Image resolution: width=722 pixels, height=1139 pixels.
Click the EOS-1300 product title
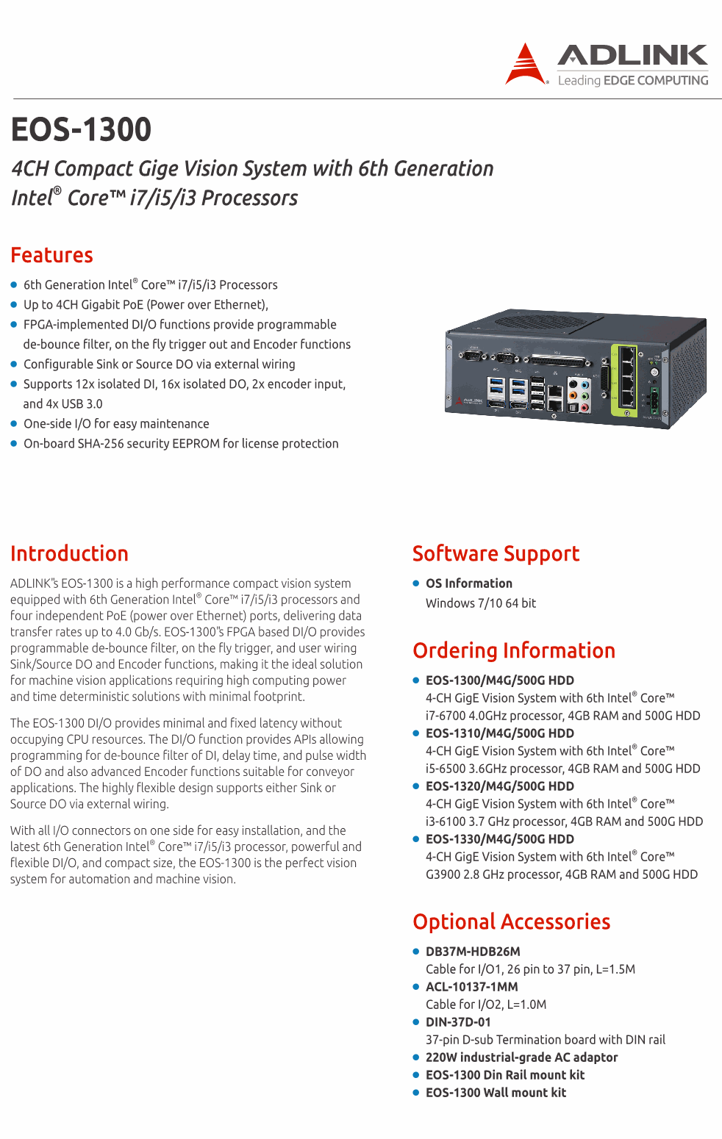pyautogui.click(x=82, y=129)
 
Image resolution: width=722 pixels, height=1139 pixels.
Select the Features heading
pyautogui.click(x=52, y=255)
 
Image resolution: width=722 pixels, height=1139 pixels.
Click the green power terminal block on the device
pyautogui.click(x=652, y=401)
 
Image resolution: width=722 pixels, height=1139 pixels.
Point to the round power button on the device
pyautogui.click(x=655, y=373)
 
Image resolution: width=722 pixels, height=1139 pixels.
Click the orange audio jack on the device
pyautogui.click(x=573, y=395)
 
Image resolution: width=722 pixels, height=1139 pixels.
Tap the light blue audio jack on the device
pyautogui.click(x=585, y=384)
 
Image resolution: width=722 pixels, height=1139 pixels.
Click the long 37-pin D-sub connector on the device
pyautogui.click(x=560, y=361)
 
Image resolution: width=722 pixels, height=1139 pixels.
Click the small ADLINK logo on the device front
pyautogui.click(x=469, y=401)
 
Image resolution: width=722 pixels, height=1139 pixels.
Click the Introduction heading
pyautogui.click(x=69, y=553)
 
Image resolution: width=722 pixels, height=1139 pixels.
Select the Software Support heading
pyautogui.click(x=496, y=554)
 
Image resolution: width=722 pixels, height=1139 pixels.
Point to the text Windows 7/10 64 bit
pyautogui.click(x=481, y=603)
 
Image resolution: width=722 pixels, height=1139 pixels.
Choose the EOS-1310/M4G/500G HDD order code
pyautogui.click(x=500, y=733)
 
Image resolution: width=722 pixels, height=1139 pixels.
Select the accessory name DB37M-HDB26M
pyautogui.click(x=473, y=952)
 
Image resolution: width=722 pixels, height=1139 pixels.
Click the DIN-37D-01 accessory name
pyautogui.click(x=458, y=1022)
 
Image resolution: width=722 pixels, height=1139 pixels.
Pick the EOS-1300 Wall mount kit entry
pyautogui.click(x=496, y=1093)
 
